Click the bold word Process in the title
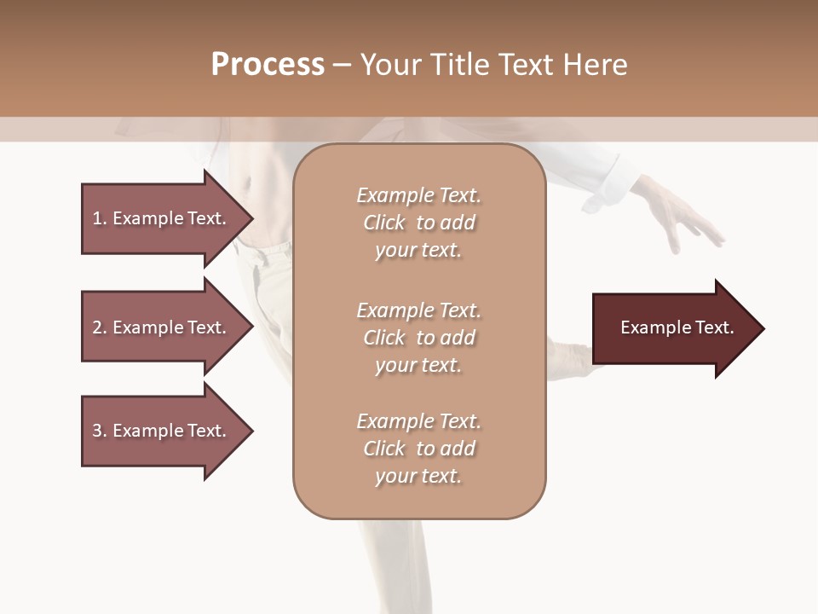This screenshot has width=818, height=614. click(x=268, y=65)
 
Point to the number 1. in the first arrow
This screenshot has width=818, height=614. click(x=100, y=218)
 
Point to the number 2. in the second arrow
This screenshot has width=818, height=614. click(x=100, y=327)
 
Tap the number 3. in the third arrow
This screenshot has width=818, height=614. click(x=100, y=431)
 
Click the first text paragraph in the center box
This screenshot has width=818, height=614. click(x=418, y=223)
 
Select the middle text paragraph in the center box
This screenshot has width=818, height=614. click(x=418, y=338)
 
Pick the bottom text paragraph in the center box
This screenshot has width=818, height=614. click(x=418, y=449)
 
